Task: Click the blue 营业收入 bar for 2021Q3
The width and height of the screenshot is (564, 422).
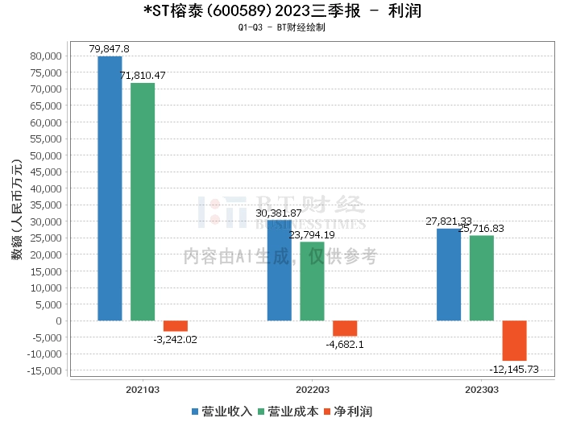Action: pyautogui.click(x=110, y=188)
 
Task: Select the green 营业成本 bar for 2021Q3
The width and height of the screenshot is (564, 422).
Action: pyautogui.click(x=143, y=201)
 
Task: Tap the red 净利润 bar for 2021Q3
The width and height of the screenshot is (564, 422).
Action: pyautogui.click(x=176, y=326)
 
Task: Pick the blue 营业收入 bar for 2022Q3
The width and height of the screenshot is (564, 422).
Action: pyautogui.click(x=279, y=270)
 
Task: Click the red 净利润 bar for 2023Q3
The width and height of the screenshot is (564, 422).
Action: pyautogui.click(x=514, y=341)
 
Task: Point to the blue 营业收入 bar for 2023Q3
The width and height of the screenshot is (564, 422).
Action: pyautogui.click(x=449, y=275)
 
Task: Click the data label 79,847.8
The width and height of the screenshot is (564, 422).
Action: pyautogui.click(x=110, y=49)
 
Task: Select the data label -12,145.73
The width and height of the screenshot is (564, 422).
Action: pyautogui.click(x=514, y=369)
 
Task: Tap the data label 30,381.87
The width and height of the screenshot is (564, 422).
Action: pyautogui.click(x=279, y=213)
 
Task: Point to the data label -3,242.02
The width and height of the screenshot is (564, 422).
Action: pyautogui.click(x=175, y=339)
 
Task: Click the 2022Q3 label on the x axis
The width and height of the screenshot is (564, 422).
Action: pyautogui.click(x=312, y=389)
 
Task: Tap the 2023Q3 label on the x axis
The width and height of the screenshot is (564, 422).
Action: pyautogui.click(x=481, y=389)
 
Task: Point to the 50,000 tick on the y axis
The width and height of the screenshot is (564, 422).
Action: pyautogui.click(x=47, y=155)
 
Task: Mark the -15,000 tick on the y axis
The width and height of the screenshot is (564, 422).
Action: pyautogui.click(x=44, y=370)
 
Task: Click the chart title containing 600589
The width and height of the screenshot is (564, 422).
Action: pyautogui.click(x=281, y=11)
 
